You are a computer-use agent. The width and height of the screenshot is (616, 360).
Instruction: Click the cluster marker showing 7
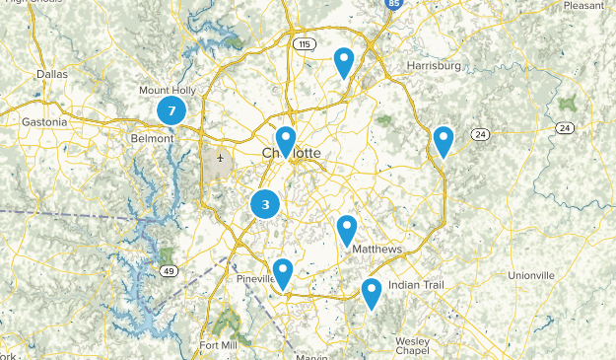click(171, 111)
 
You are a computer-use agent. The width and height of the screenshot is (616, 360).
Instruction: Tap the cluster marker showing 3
click(265, 205)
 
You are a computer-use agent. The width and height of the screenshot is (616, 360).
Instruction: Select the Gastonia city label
click(44, 122)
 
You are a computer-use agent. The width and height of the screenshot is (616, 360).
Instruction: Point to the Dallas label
click(52, 74)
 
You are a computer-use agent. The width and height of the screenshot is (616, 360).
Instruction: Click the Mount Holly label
click(167, 90)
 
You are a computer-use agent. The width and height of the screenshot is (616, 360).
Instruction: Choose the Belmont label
click(152, 139)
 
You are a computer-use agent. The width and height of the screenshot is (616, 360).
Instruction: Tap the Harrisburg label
click(434, 66)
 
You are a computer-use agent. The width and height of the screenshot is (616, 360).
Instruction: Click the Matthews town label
click(376, 250)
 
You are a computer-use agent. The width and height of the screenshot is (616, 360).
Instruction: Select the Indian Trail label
click(417, 285)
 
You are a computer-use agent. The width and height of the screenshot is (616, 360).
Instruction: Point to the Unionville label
click(536, 274)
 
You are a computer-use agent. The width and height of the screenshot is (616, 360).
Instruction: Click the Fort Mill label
click(218, 345)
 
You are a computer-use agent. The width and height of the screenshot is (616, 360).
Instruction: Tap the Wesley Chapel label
click(412, 346)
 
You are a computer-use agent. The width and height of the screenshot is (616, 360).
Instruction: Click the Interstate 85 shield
click(393, 5)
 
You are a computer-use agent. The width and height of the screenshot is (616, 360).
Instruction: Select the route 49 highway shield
click(170, 271)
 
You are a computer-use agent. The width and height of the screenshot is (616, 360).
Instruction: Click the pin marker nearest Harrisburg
click(343, 62)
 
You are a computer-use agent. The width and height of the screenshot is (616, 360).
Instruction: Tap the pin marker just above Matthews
click(346, 230)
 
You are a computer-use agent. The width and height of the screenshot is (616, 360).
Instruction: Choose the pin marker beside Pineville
click(283, 273)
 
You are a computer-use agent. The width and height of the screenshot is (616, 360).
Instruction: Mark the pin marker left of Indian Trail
click(371, 293)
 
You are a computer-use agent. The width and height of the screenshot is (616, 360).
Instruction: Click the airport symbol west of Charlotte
click(220, 158)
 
